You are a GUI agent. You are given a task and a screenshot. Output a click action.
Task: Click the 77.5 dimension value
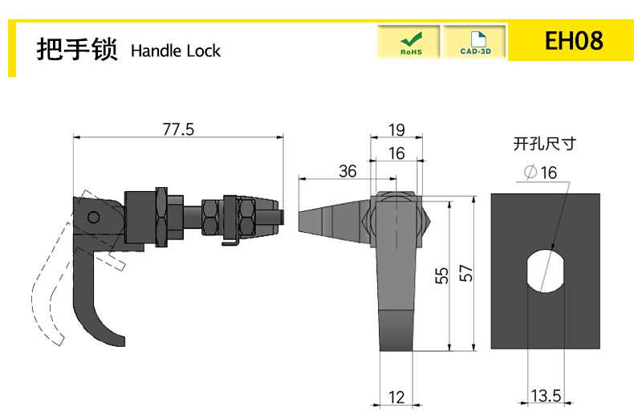(x=178, y=129)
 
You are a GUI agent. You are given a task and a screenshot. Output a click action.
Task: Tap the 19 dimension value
(x=396, y=130)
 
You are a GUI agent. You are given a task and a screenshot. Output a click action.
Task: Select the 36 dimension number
(x=347, y=171)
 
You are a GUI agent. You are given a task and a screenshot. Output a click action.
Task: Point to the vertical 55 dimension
(x=442, y=275)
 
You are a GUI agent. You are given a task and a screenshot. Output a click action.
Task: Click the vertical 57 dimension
(x=465, y=273)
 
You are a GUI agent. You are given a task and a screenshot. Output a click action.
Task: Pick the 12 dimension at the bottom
(x=396, y=398)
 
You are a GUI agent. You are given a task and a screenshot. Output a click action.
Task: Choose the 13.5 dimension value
(x=546, y=395)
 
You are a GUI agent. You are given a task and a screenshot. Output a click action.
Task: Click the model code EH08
(x=574, y=40)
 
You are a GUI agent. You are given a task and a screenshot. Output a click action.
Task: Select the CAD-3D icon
(x=474, y=42)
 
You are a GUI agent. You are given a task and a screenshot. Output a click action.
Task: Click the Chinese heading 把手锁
(x=77, y=49)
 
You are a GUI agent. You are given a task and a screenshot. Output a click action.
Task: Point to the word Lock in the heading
(x=204, y=51)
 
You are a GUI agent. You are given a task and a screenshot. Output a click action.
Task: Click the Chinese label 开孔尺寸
(x=544, y=144)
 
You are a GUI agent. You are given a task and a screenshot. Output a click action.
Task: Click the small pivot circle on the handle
(x=93, y=218)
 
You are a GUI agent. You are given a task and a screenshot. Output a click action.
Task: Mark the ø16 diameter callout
(x=541, y=173)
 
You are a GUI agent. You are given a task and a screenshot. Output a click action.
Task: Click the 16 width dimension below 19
(x=396, y=153)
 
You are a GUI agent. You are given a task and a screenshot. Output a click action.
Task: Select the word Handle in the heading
(x=156, y=51)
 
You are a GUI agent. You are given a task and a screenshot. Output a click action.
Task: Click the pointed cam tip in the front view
(x=299, y=222)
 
